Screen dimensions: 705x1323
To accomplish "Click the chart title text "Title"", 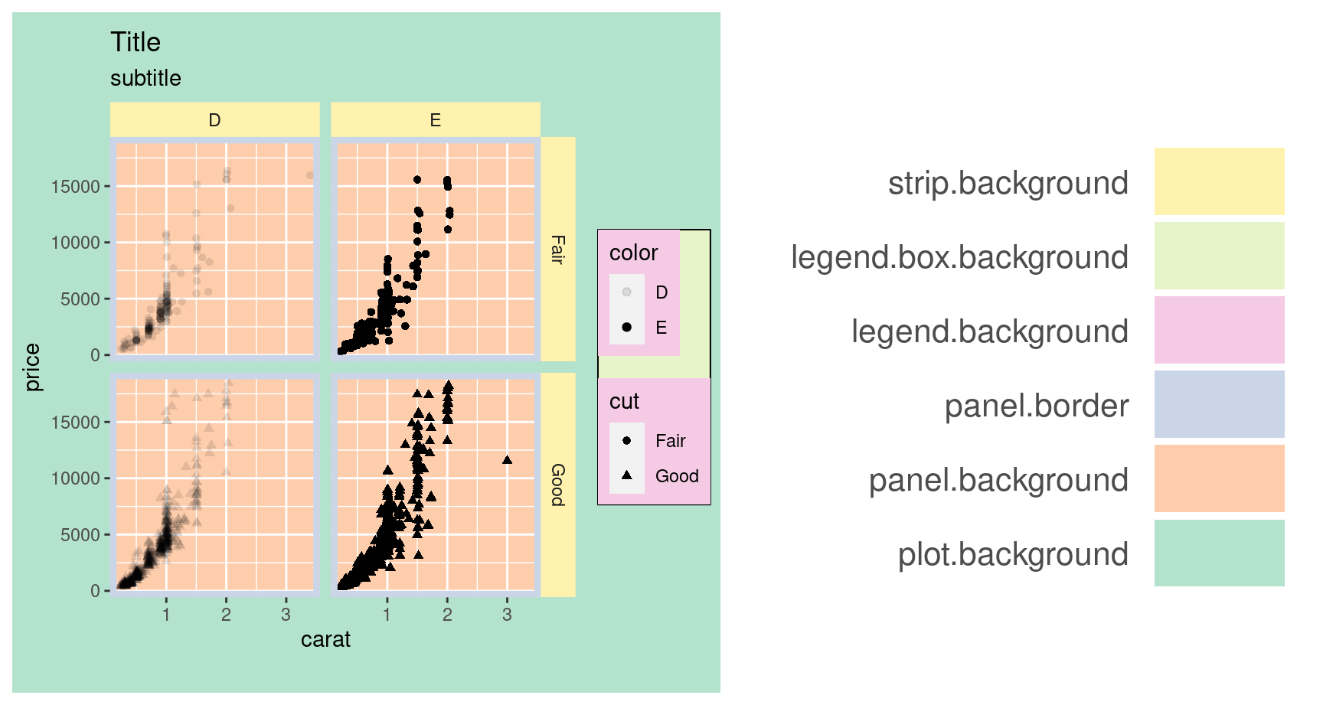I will [136, 43].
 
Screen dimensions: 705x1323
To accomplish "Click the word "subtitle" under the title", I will [145, 79].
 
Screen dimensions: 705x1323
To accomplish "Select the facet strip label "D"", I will [214, 120].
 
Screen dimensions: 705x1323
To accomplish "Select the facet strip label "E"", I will [435, 120].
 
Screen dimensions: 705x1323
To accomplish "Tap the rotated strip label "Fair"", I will [558, 250].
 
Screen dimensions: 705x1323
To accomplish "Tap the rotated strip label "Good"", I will [558, 485].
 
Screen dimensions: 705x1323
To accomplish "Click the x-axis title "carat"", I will [325, 640].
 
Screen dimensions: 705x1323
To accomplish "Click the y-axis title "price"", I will [32, 367].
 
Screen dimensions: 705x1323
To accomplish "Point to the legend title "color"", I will [633, 253].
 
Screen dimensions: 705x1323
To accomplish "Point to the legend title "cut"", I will [624, 402].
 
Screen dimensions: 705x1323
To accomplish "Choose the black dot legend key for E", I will [627, 328].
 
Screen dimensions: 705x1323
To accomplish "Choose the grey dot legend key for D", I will [627, 292].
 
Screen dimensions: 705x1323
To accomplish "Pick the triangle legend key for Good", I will [627, 475].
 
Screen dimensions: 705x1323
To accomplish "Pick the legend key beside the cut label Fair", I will [627, 441].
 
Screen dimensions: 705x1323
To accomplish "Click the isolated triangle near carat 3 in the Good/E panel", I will [507, 460].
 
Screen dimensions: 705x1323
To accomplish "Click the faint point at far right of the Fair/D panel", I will [310, 175].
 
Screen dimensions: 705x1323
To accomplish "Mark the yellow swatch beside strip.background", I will [1219, 181].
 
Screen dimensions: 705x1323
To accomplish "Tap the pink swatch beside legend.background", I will [1219, 330].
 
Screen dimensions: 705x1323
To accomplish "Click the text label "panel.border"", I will [1036, 406].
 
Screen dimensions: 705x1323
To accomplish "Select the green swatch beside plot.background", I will [1219, 553].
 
